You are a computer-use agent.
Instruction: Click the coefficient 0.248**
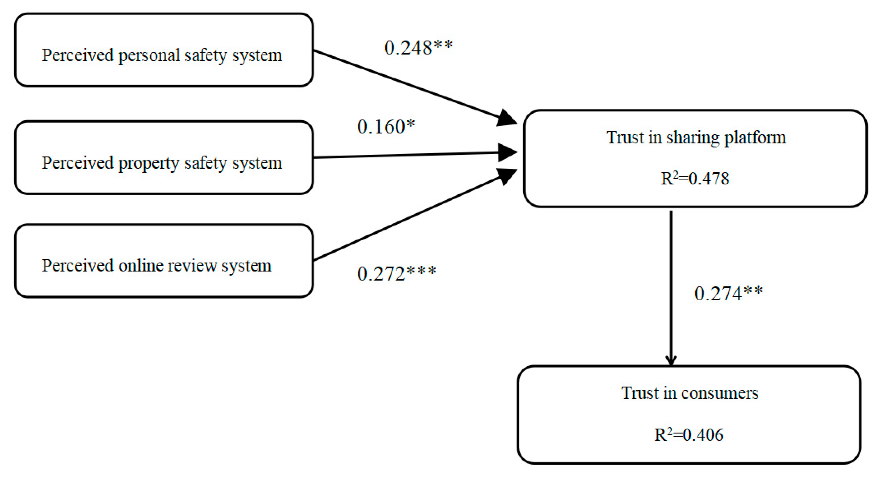point(418,48)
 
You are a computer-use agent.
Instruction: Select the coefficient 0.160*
point(386,127)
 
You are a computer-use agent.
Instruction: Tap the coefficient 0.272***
point(396,274)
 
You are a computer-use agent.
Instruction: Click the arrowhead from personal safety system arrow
point(507,118)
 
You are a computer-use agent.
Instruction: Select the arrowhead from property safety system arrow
point(508,152)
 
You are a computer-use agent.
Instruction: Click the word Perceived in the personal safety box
point(77,55)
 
